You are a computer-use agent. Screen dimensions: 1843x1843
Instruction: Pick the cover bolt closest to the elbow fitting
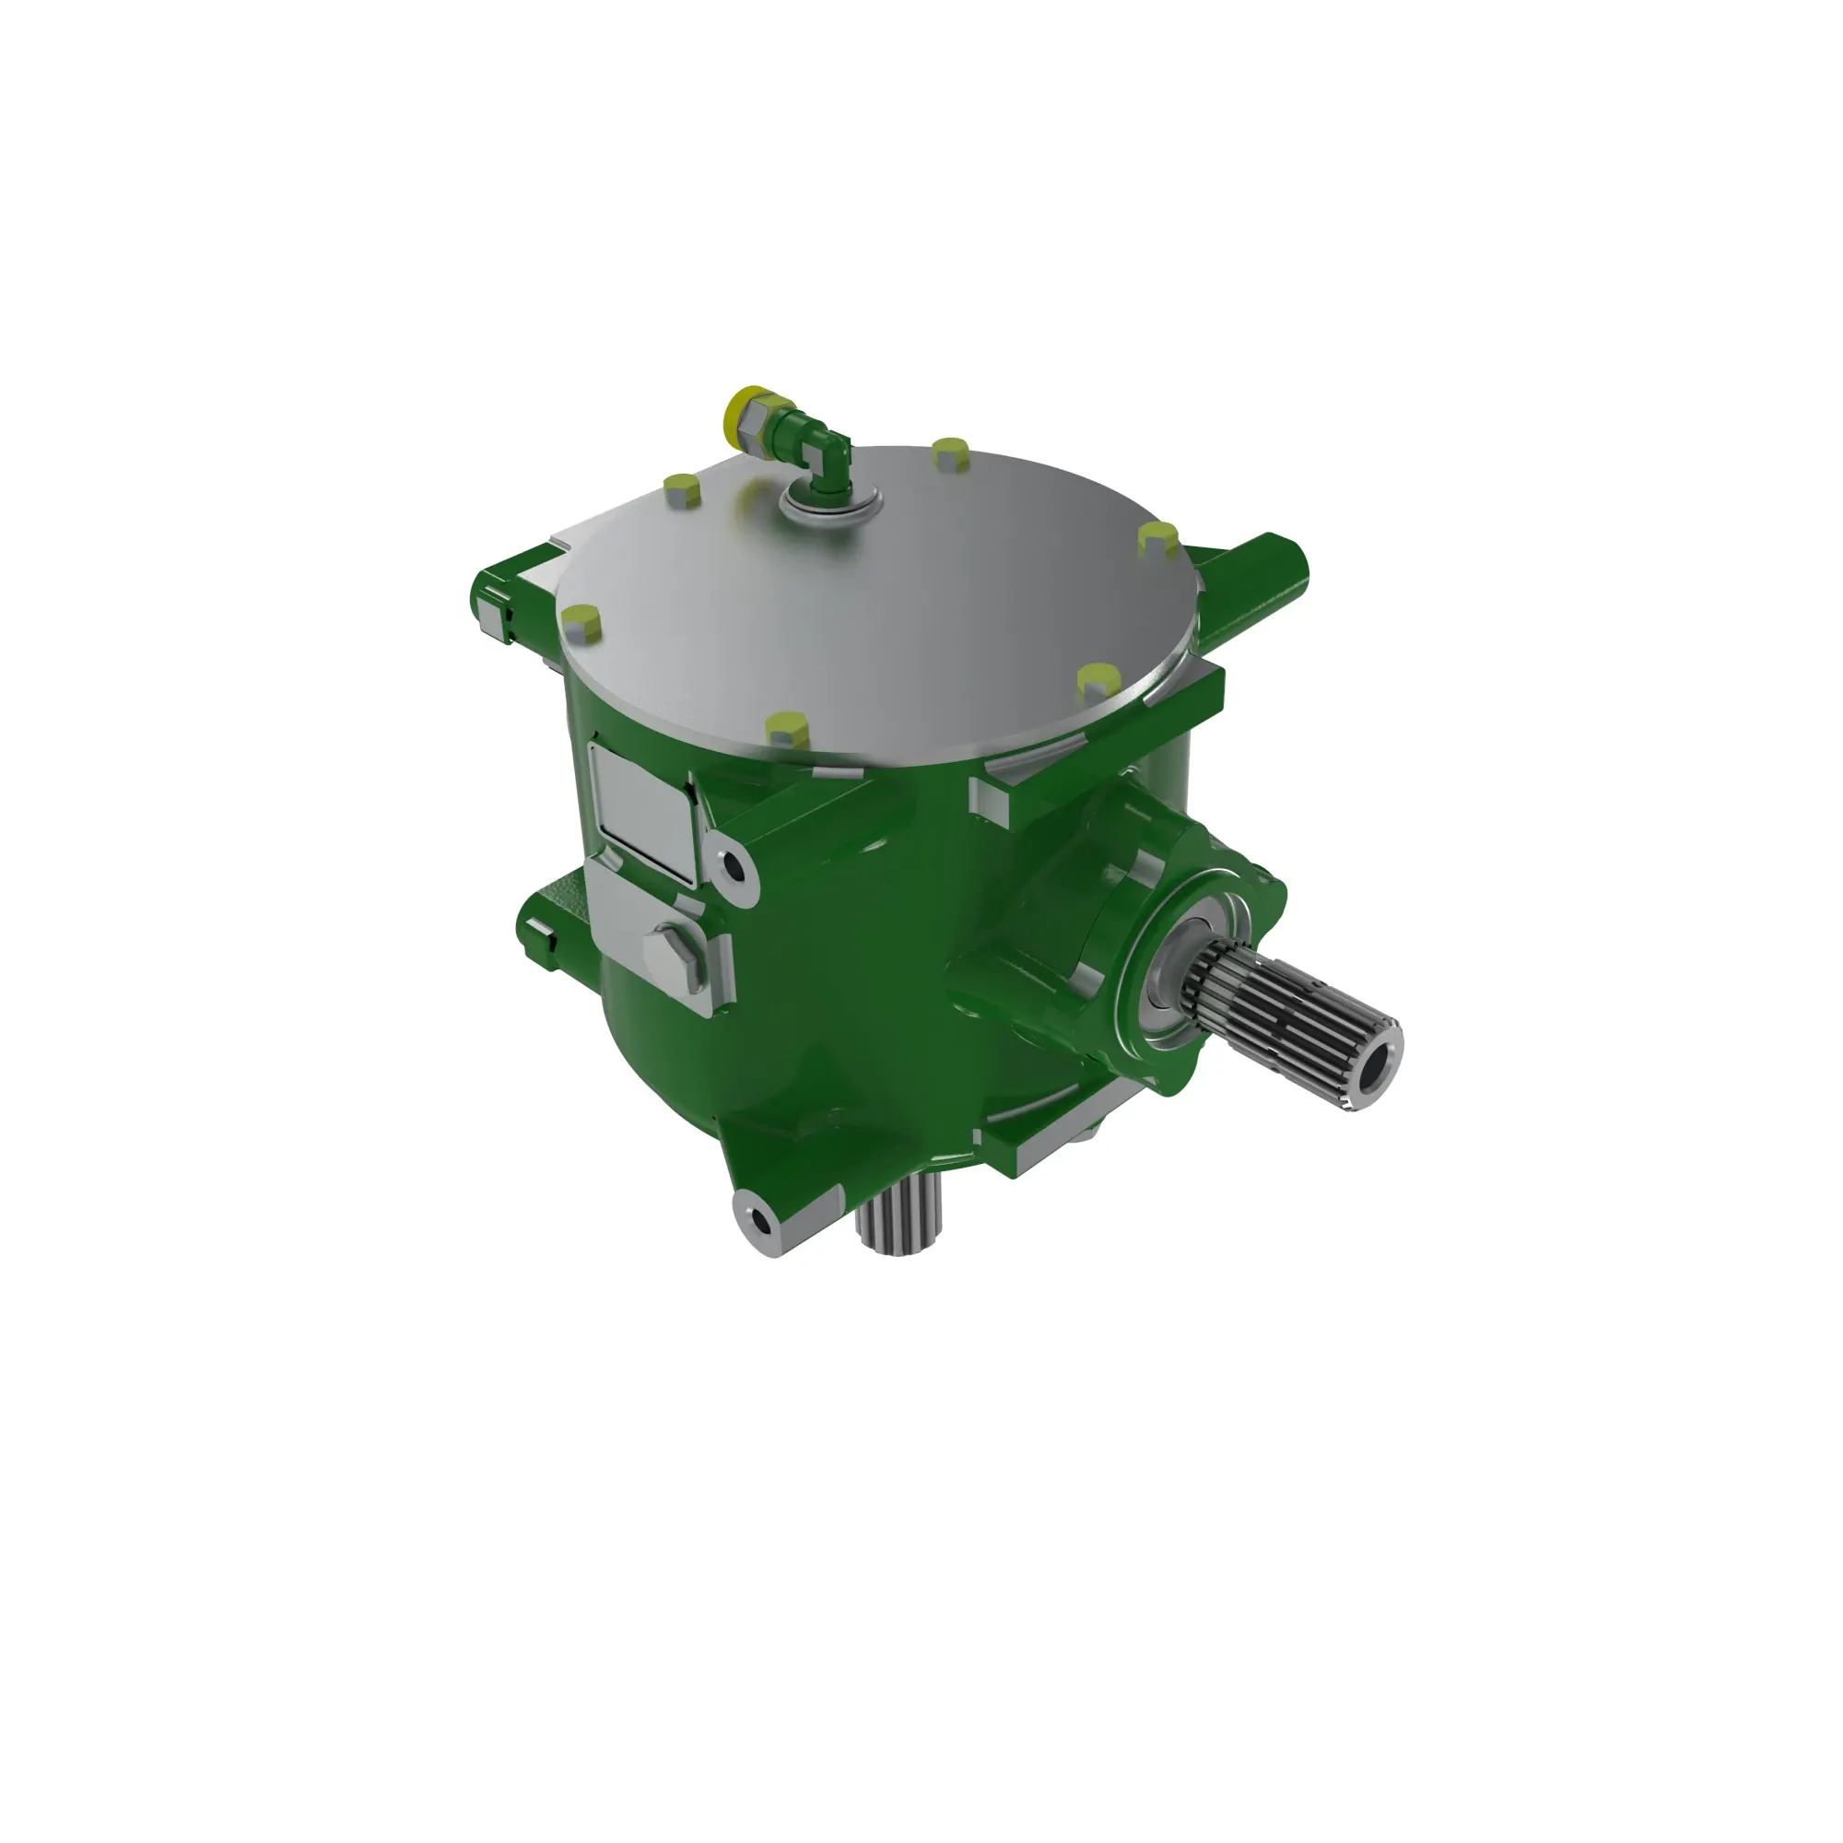681,489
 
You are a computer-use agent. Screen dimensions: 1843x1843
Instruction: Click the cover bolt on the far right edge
1159,540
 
